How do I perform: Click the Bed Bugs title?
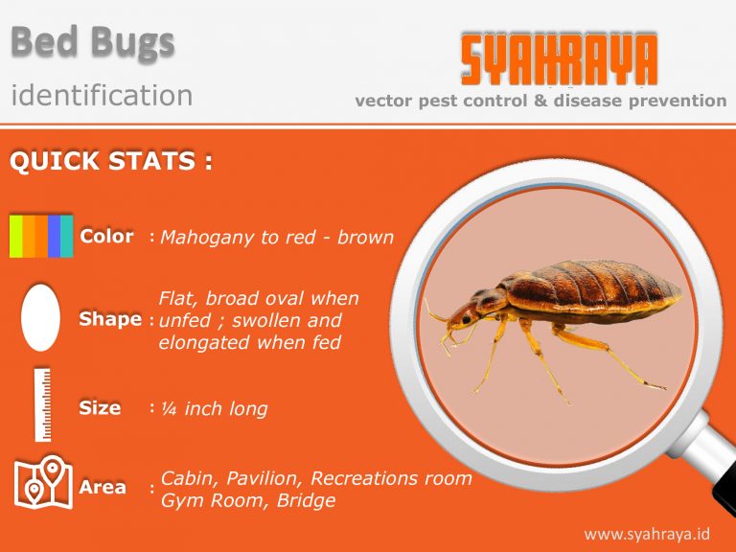(x=93, y=42)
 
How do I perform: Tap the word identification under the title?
(x=102, y=95)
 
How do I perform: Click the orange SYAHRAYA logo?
(x=559, y=60)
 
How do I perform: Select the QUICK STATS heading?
(x=110, y=161)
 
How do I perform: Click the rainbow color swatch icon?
(x=41, y=236)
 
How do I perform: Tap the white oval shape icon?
(x=40, y=316)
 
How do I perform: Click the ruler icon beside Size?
(x=42, y=403)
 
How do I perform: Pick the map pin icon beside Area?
(x=43, y=484)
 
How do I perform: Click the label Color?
(x=106, y=236)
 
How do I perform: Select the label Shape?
(x=110, y=319)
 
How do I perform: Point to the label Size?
(x=100, y=407)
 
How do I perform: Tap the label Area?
(x=103, y=487)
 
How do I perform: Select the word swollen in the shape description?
(x=264, y=320)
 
